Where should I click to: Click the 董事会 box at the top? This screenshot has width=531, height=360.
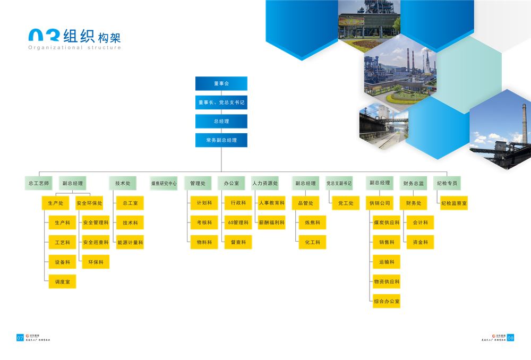[221, 83]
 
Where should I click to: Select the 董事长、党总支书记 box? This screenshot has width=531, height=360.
[221, 102]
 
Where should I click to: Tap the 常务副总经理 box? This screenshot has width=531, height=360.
[221, 140]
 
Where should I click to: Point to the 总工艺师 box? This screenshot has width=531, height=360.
[39, 183]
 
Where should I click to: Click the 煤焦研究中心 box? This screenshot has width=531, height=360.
[164, 183]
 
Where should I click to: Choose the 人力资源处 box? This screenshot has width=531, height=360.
[264, 183]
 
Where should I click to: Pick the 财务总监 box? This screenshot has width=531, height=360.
[414, 183]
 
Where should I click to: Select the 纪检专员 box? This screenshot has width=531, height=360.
[446, 183]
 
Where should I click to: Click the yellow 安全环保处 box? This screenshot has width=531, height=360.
[89, 203]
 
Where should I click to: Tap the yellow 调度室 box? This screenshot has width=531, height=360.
[62, 282]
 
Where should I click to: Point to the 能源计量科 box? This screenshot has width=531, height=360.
[130, 243]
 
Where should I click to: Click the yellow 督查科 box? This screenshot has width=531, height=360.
[238, 243]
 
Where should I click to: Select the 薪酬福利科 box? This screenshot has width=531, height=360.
[271, 223]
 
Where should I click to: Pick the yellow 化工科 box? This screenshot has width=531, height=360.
[312, 243]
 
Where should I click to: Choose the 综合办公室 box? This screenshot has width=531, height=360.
[387, 302]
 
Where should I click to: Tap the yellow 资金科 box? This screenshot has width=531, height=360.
[420, 243]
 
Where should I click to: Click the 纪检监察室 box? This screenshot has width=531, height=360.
[454, 203]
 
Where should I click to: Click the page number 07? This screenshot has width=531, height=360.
[20, 337]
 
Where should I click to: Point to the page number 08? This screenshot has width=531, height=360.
[510, 337]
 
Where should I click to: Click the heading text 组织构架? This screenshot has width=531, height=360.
[92, 36]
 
